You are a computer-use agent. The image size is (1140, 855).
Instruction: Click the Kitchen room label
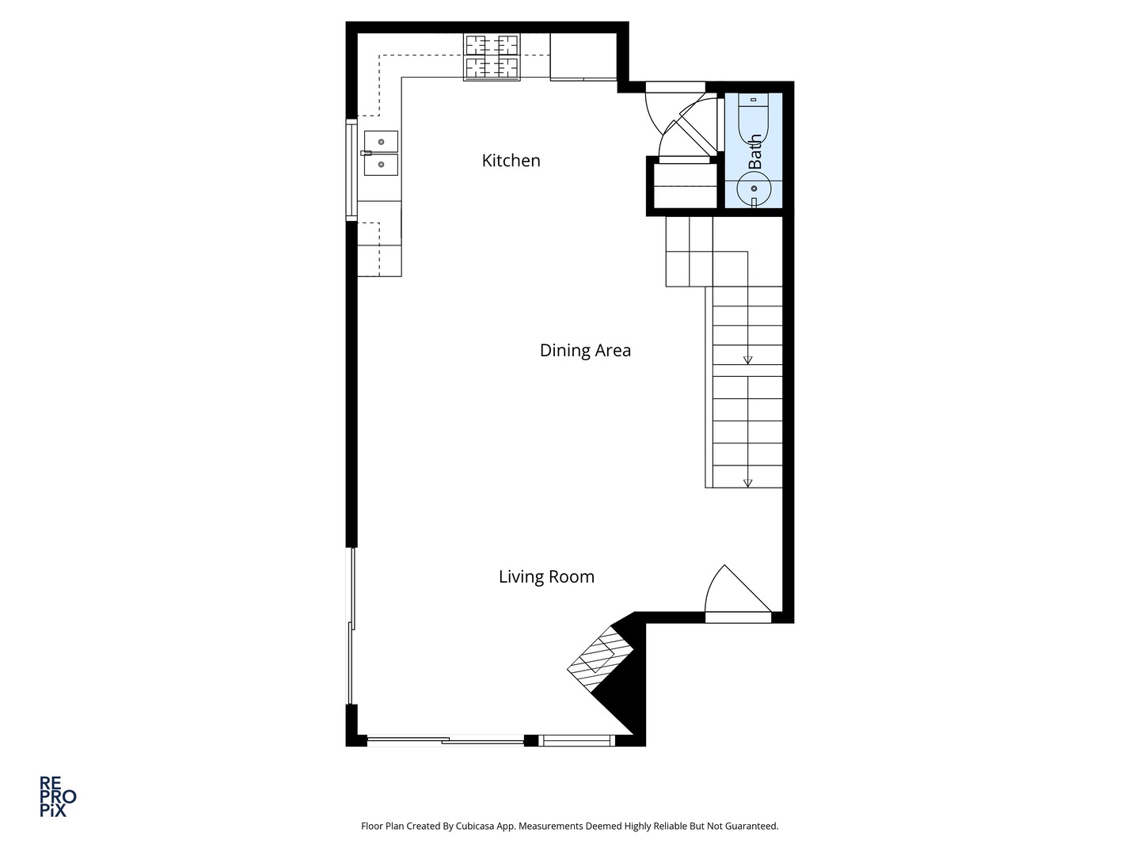pyautogui.click(x=511, y=161)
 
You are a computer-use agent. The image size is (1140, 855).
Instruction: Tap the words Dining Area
pyautogui.click(x=585, y=351)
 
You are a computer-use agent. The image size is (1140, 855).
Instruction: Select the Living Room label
pyautogui.click(x=546, y=577)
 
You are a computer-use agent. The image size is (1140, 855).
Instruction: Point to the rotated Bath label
pyautogui.click(x=755, y=150)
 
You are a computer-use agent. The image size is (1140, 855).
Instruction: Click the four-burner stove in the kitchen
pyautogui.click(x=492, y=57)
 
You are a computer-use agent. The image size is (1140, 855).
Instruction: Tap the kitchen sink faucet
pyautogui.click(x=366, y=153)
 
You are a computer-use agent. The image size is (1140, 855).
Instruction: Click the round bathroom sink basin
pyautogui.click(x=754, y=189)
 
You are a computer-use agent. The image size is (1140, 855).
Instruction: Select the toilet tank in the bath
pyautogui.click(x=754, y=101)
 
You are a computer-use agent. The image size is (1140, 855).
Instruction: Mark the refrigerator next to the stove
pyautogui.click(x=583, y=57)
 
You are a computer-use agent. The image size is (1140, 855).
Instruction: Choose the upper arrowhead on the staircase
pyautogui.click(x=747, y=360)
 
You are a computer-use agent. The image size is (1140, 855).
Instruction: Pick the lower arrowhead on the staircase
pyautogui.click(x=747, y=483)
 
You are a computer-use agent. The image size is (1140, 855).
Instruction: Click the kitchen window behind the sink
pyautogui.click(x=350, y=168)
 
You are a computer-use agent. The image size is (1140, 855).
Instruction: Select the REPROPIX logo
pyautogui.click(x=58, y=796)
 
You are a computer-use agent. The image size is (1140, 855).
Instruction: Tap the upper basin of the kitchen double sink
pyautogui.click(x=381, y=142)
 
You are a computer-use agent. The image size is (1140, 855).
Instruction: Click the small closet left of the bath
pyautogui.click(x=684, y=186)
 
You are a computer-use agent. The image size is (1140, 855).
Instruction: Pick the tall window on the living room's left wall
pyautogui.click(x=351, y=625)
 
